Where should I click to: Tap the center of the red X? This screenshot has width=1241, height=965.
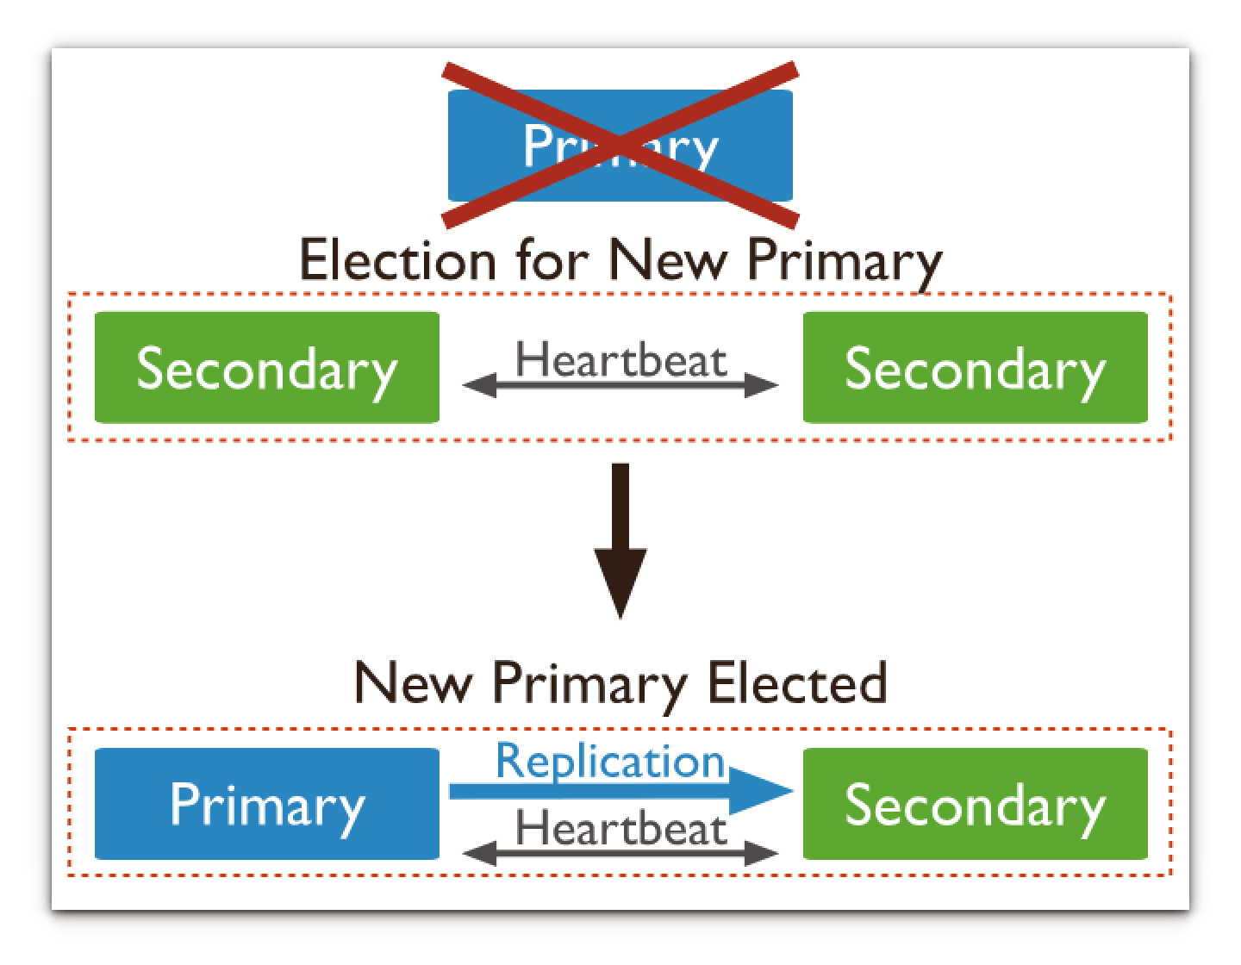pos(620,144)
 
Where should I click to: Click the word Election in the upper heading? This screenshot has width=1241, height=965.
pos(396,260)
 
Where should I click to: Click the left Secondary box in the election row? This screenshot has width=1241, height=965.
pos(266,368)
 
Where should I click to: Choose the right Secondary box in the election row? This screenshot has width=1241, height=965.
pos(975,368)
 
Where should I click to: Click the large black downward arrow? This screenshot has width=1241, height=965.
pos(620,543)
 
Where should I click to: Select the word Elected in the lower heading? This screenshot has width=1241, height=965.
pos(796,682)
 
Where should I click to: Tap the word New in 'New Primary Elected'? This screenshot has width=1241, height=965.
pos(414,682)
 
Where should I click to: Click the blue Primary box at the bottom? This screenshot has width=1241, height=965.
pos(266,804)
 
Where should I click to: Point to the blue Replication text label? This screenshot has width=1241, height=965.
pos(610,761)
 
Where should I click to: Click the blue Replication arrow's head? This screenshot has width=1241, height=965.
pos(763,791)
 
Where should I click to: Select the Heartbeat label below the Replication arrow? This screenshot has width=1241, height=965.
pos(620,829)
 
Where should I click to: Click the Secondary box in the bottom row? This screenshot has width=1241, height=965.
pos(975,804)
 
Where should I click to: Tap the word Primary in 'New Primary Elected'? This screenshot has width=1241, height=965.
pos(589,682)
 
